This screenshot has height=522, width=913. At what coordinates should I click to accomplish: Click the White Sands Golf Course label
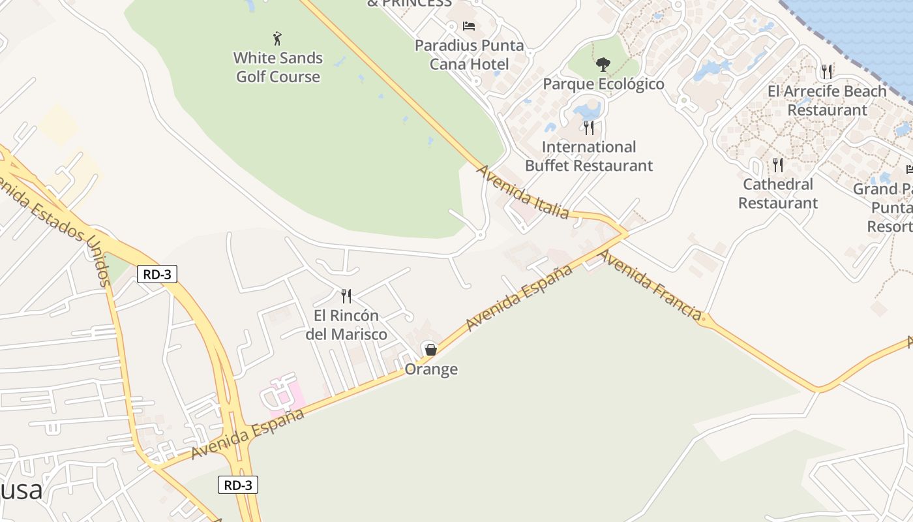(x=278, y=67)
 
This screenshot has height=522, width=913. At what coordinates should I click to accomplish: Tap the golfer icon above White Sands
(x=277, y=38)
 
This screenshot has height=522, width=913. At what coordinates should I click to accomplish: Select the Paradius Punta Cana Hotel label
(x=470, y=55)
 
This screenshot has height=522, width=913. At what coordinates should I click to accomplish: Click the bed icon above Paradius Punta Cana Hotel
(x=469, y=26)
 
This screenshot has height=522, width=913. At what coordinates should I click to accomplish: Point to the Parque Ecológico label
(x=603, y=84)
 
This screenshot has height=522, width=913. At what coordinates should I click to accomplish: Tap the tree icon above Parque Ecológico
(x=603, y=64)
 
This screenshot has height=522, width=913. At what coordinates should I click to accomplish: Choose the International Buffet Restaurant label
(x=589, y=156)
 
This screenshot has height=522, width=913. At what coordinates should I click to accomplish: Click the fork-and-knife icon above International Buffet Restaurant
(x=589, y=127)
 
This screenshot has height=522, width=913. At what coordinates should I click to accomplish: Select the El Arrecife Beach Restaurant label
(x=827, y=100)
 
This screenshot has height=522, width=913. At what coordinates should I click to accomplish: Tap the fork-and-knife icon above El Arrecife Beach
(x=827, y=71)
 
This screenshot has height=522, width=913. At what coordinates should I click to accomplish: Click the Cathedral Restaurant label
(x=778, y=194)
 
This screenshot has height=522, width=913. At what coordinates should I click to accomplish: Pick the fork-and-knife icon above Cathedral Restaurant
(x=777, y=164)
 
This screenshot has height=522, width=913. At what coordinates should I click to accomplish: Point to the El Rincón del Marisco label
(x=346, y=325)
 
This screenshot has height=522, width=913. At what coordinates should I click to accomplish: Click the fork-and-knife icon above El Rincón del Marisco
(x=346, y=296)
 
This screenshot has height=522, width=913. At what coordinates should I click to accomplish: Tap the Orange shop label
(x=431, y=369)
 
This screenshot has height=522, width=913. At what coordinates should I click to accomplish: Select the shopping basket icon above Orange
(x=430, y=350)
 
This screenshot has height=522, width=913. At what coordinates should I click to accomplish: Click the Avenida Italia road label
(x=524, y=192)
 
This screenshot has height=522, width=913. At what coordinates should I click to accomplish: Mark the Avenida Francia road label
(x=650, y=284)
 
